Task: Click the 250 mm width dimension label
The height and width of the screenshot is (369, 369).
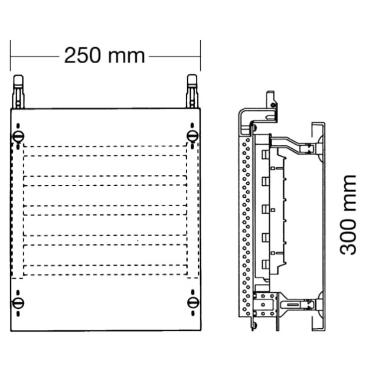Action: click(105, 55)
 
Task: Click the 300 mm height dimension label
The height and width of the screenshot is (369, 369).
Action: click(348, 215)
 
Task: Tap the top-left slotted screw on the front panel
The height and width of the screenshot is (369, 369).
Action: click(18, 136)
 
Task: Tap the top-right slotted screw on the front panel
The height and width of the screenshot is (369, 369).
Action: click(192, 136)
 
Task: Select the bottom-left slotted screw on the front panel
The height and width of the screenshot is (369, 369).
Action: click(18, 303)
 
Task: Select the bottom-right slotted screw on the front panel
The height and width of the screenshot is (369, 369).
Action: click(193, 303)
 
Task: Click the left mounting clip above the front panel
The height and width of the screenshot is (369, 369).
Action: click(18, 92)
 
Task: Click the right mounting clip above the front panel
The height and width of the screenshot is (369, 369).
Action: click(192, 92)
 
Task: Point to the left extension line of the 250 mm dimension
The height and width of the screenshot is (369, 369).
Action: click(11, 55)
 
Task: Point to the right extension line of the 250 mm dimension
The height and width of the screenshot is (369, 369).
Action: click(201, 55)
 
